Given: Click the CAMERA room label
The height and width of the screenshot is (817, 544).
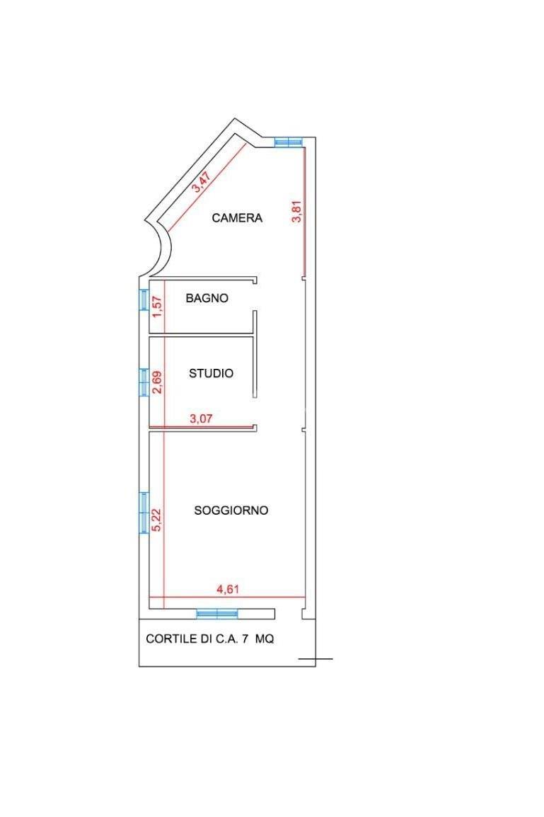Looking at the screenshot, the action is click(237, 218).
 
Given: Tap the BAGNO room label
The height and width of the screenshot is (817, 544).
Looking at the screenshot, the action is click(207, 298).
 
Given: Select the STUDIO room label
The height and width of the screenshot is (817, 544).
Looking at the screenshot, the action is click(211, 373).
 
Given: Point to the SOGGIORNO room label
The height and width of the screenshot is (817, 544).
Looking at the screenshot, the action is click(231, 510).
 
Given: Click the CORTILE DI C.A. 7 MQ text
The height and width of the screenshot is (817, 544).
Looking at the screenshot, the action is click(210, 639).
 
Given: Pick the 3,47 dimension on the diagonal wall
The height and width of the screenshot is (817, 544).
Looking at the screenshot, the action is click(202, 183).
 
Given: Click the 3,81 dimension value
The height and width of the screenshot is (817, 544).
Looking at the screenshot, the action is click(296, 212).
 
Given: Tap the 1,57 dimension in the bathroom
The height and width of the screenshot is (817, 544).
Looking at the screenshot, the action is click(158, 307).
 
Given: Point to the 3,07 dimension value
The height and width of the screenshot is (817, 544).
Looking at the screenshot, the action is click(201, 418).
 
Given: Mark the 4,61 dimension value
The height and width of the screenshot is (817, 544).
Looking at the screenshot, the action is click(228, 589).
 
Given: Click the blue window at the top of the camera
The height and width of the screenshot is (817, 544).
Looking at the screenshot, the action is click(289, 141).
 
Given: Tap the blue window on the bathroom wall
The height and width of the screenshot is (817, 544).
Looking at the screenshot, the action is click(144, 299).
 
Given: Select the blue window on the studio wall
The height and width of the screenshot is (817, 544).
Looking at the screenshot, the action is click(144, 382).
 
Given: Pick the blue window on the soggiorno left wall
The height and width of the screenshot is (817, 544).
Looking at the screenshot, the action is click(144, 513).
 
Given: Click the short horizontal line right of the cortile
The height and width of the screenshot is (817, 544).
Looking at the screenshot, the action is click(316, 659).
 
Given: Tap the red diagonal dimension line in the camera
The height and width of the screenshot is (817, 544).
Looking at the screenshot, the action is click(206, 188).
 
